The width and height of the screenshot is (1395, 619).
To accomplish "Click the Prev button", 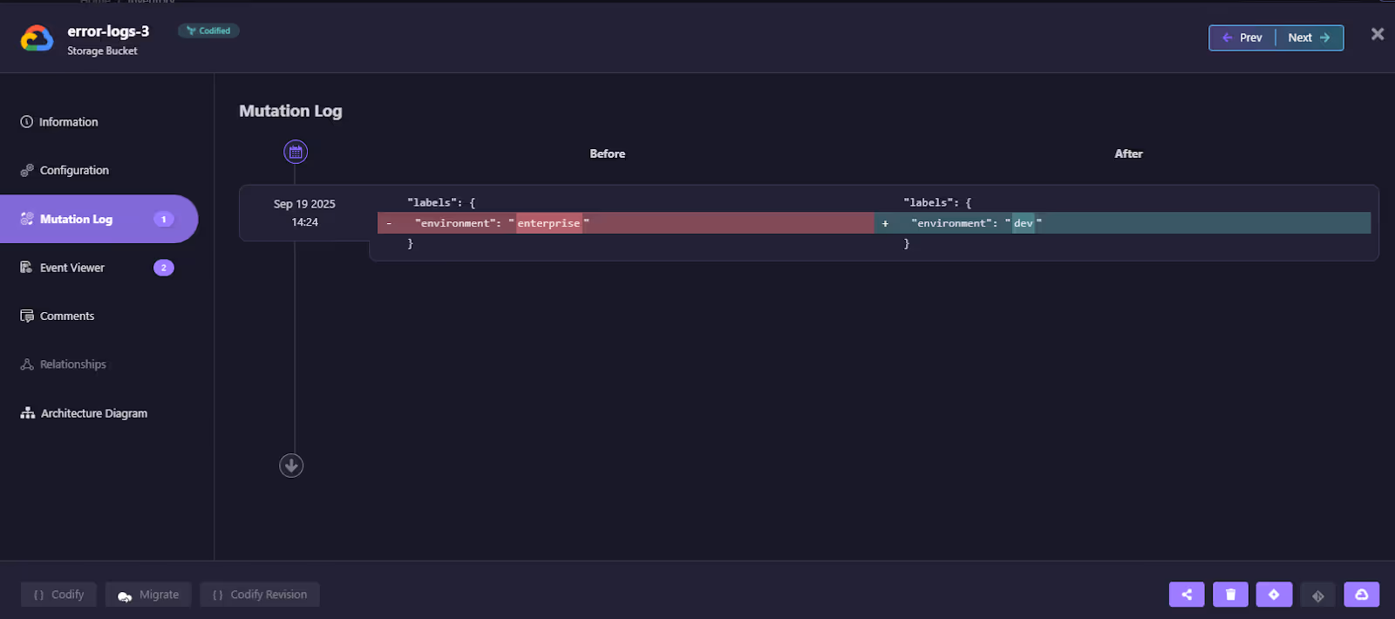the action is (x=1242, y=37).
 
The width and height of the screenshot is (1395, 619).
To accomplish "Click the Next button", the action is (x=1309, y=37).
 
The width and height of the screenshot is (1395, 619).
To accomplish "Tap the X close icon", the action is (x=1378, y=34).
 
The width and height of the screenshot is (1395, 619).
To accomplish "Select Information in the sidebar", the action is (x=68, y=122).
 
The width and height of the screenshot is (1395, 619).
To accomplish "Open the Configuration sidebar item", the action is (x=74, y=170).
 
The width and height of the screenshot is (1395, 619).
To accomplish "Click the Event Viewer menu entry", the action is (x=71, y=268).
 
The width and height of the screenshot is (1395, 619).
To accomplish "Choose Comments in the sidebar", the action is (x=66, y=316).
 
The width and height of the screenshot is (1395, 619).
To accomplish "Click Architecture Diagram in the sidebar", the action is (x=93, y=413).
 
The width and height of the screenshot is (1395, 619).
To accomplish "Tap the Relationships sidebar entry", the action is (x=72, y=364).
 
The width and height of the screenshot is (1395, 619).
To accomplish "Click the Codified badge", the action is (x=208, y=31).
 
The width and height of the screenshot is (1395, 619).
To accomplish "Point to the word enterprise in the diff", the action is (x=548, y=223).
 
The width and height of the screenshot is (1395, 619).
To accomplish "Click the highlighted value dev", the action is (x=1023, y=223).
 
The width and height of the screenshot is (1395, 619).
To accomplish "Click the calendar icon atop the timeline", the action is (x=296, y=153).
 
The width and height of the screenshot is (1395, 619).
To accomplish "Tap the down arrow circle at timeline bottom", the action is (x=291, y=466).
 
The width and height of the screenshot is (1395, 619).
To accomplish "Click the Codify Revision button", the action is (x=260, y=595).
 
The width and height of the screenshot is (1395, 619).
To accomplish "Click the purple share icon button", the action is (x=1187, y=595).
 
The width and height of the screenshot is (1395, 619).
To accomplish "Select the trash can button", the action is (x=1230, y=595).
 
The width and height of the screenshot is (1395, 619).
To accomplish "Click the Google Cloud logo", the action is (x=37, y=38).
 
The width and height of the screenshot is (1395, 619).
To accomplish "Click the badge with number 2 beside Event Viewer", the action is (x=164, y=268).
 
